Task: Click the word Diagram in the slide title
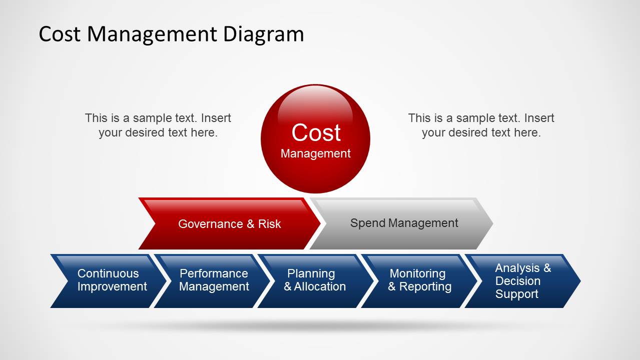[x=263, y=34]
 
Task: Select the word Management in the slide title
[x=152, y=34]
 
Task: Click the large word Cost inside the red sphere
[x=316, y=133]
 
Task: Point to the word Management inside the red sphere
[x=316, y=153]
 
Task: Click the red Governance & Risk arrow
[x=229, y=223]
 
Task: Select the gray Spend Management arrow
[x=403, y=223]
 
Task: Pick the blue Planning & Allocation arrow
[x=314, y=280]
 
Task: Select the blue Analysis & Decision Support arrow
[x=522, y=281]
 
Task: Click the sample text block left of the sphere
[x=158, y=125]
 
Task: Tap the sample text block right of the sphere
[x=481, y=125]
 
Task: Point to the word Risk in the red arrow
[x=269, y=223]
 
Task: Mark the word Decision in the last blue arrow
[x=518, y=281]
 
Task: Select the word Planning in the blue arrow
[x=311, y=273]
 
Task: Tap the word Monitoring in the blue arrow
[x=417, y=273]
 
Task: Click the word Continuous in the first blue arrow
[x=108, y=273]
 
